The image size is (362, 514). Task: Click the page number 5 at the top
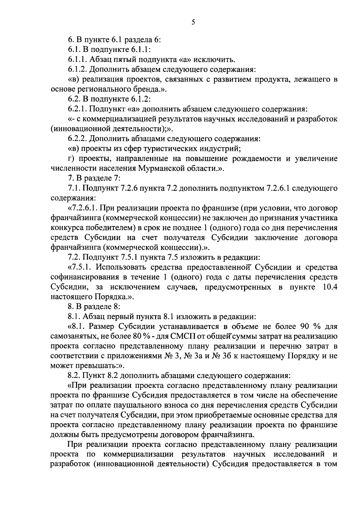click(193, 22)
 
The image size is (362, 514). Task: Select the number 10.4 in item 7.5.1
click(329, 287)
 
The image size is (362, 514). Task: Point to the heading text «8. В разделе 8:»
click(94, 307)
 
